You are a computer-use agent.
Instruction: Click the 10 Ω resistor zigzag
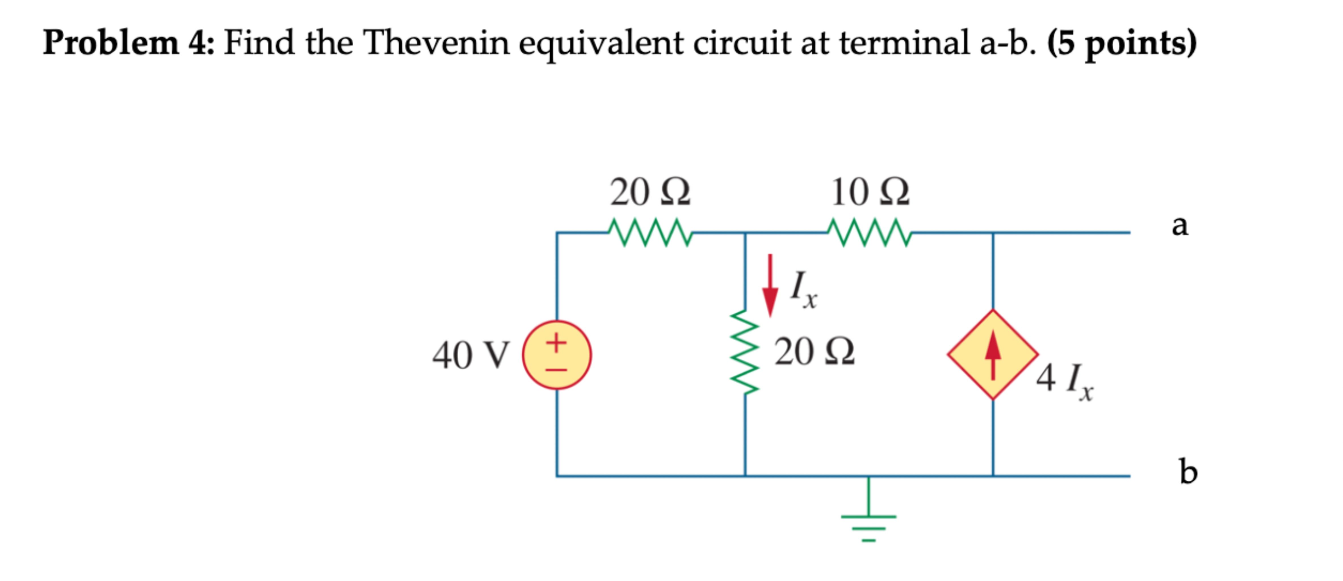[x=869, y=233]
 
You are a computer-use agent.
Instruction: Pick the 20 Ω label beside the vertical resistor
[x=814, y=351]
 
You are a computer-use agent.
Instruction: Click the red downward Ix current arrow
[x=770, y=286]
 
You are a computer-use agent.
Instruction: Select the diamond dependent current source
[x=993, y=355]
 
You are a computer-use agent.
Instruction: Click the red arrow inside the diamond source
[x=993, y=355]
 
